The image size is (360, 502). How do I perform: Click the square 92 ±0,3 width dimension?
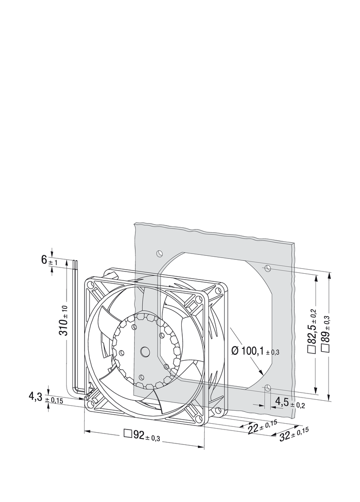142,436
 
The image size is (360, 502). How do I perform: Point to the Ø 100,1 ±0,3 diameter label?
255,351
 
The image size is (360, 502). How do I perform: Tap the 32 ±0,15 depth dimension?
294,434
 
